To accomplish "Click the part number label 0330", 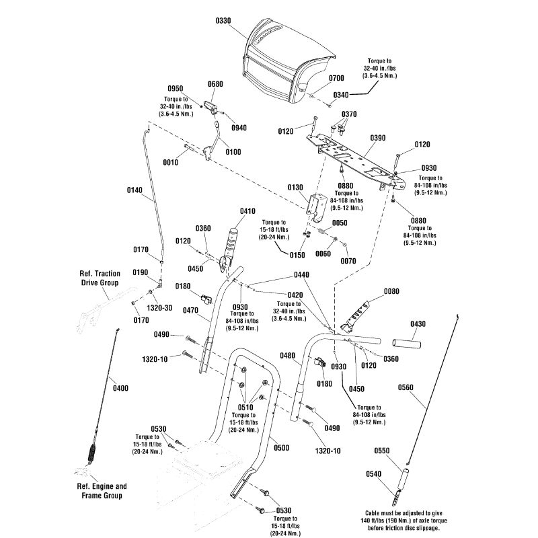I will point(223,22).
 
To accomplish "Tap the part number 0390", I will point(377,137).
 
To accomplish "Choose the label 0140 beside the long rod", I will point(134,190).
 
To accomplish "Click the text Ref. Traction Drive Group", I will point(99,279).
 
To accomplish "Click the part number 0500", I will point(282,447).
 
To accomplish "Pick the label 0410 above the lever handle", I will point(248,210).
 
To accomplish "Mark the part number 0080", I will point(391,291).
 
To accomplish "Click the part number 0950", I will point(175,88).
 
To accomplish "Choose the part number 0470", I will point(190,310).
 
